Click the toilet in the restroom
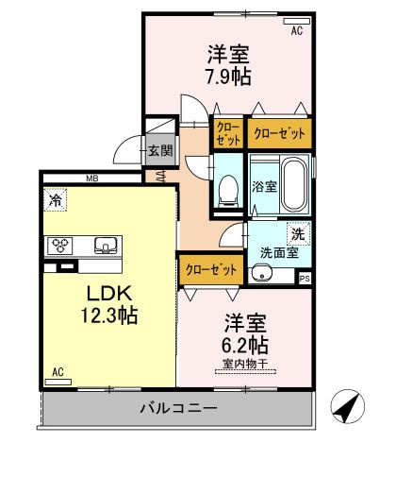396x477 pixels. tap(228, 192)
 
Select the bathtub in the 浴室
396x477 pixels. tap(294, 184)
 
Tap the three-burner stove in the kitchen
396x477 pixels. tap(60, 246)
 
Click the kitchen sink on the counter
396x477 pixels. tap(106, 246)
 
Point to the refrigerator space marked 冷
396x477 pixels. tap(56, 199)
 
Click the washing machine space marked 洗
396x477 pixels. tap(299, 233)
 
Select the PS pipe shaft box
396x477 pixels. tap(305, 279)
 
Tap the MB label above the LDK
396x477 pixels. tap(92, 179)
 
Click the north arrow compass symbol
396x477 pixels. tap(348, 406)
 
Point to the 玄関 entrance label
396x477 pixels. tap(160, 150)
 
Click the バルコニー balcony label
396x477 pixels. tap(178, 409)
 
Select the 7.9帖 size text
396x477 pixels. tap(228, 77)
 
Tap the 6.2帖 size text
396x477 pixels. tap(245, 345)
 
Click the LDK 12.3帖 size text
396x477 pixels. tap(109, 315)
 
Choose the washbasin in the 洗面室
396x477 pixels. tap(261, 275)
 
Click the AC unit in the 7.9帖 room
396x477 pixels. tap(297, 21)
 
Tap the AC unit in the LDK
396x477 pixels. tap(58, 383)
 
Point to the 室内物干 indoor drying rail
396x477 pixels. tap(245, 372)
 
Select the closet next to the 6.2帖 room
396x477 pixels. tap(211, 270)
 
